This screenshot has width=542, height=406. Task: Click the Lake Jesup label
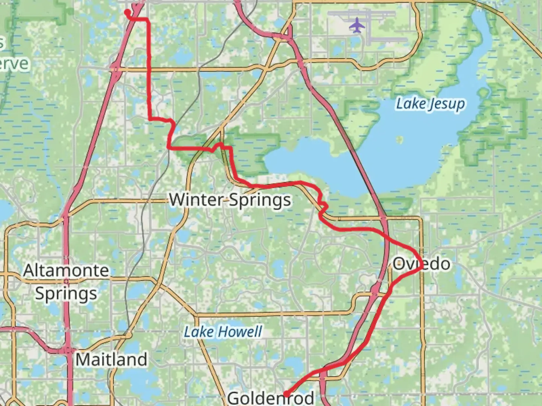pos(430,104)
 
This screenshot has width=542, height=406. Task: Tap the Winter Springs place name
pos(230,200)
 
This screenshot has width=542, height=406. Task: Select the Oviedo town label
pos(421,264)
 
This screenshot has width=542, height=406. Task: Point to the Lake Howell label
pos(223,332)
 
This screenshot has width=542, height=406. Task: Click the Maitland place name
pos(111,359)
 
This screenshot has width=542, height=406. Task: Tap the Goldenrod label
pos(271,398)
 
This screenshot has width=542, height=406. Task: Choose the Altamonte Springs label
pos(66,282)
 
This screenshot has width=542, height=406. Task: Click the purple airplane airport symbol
pos(357,26)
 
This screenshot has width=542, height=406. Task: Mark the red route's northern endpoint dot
pos(127,12)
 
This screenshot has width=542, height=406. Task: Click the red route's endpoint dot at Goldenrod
pos(286,394)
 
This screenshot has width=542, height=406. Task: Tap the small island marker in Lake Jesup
pos(399,140)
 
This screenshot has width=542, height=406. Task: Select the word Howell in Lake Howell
pos(241,332)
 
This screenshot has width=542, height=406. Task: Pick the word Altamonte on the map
pos(66,270)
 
